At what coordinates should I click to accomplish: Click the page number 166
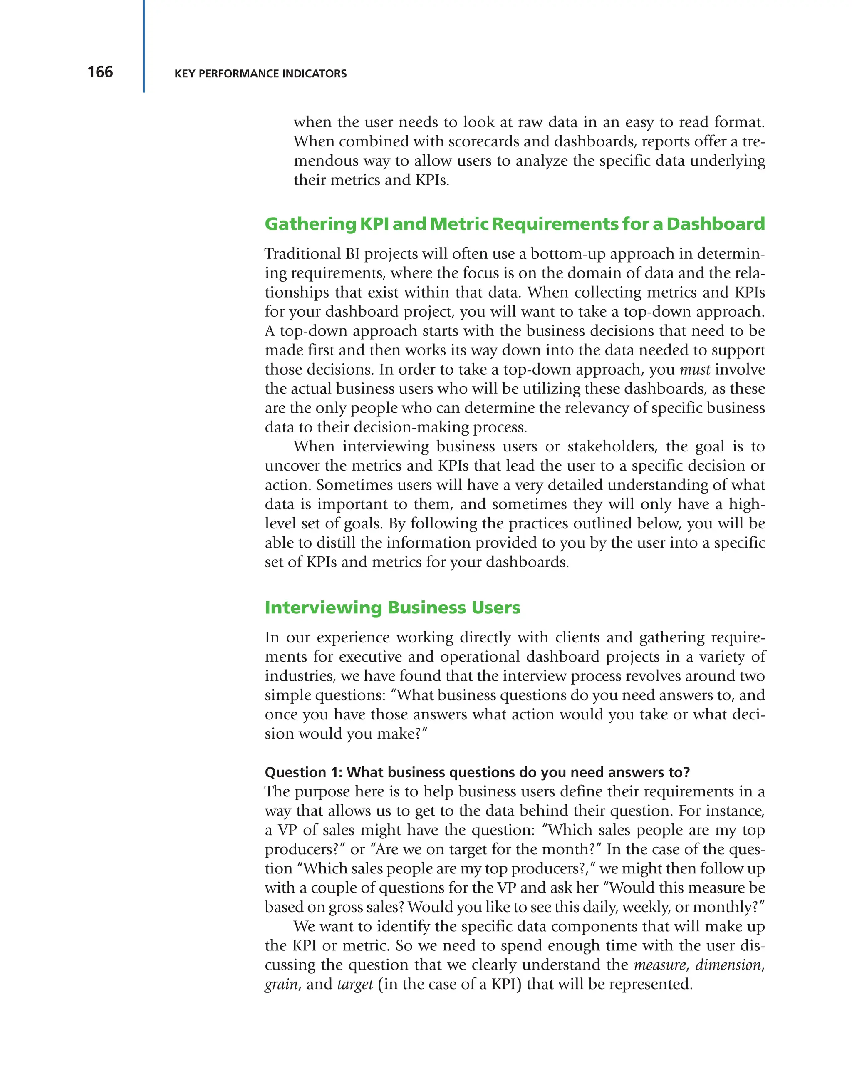point(100,72)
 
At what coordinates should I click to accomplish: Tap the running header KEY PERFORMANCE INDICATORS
point(260,74)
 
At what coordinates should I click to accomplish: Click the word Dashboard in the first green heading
point(715,224)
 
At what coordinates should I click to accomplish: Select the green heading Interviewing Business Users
point(392,608)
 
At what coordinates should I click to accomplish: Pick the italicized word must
point(694,370)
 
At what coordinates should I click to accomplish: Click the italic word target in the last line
point(355,984)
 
